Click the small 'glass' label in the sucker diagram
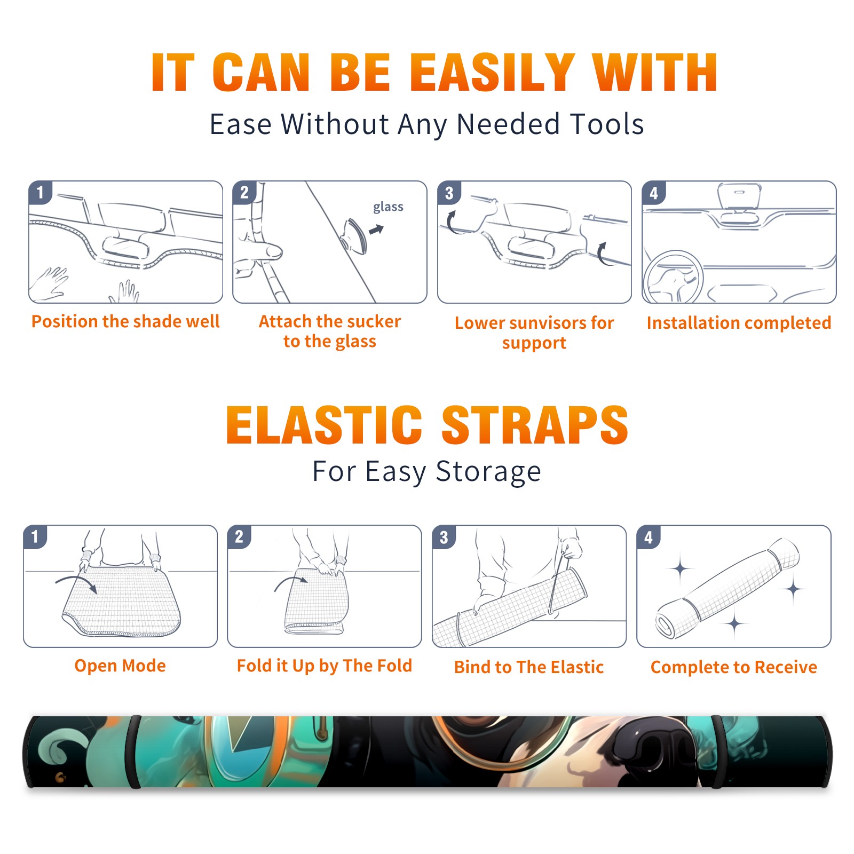(x=388, y=207)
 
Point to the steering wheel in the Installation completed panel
(x=673, y=276)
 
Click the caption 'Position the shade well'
(x=125, y=321)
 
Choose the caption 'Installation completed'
(x=739, y=323)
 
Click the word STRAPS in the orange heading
(x=535, y=425)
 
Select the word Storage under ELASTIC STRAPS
(x=488, y=472)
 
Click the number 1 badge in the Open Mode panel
(x=35, y=536)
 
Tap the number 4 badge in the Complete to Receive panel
(x=649, y=537)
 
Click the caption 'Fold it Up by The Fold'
(x=325, y=666)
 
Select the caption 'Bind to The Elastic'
(x=528, y=667)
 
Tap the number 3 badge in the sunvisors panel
(x=449, y=193)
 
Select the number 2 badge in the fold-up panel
(x=239, y=536)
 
